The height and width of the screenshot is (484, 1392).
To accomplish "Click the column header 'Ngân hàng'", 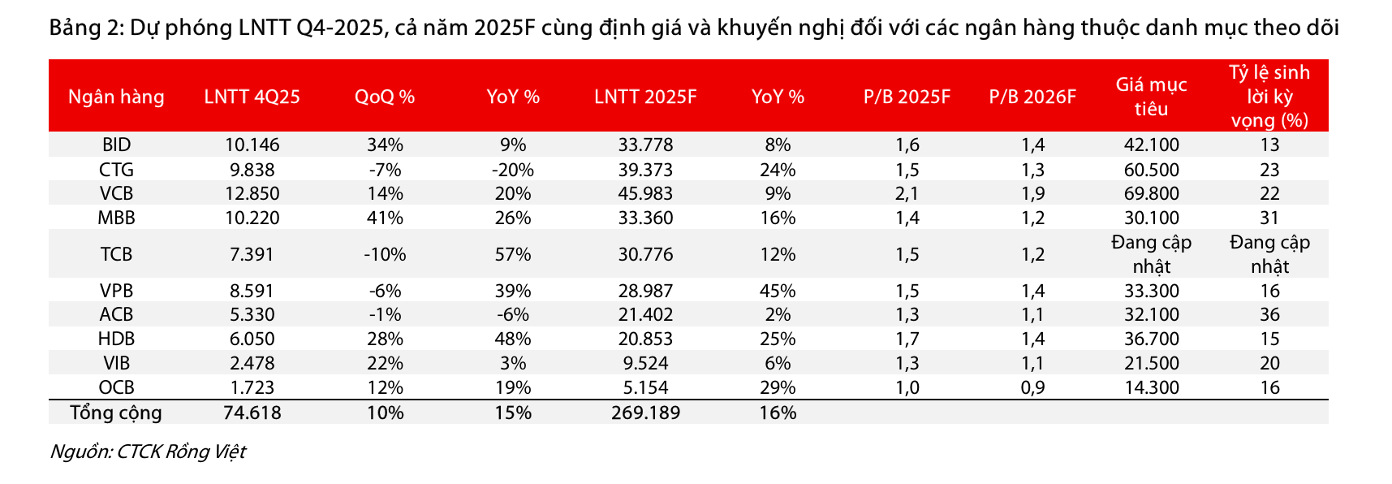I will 116,97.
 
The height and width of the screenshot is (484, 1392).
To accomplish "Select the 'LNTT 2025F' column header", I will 645,97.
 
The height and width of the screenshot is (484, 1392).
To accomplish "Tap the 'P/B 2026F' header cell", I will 1032,97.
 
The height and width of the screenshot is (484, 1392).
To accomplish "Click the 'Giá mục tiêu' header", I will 1151,97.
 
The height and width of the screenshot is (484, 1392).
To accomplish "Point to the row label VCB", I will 116,194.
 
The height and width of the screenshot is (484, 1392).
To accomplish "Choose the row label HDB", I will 116,339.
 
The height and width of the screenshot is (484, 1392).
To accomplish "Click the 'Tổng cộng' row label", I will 116,413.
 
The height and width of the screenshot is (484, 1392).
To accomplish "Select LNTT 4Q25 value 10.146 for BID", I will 252,145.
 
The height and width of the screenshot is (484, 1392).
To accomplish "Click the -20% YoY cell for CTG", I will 512,170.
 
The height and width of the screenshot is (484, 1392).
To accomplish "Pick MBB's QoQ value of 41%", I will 385,218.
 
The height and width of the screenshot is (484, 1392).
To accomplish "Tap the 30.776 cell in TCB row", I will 645,254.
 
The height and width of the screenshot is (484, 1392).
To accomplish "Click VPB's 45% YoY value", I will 778,291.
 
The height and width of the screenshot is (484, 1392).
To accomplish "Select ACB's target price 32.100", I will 1151,315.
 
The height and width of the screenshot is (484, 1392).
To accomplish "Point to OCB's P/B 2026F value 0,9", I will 1032,387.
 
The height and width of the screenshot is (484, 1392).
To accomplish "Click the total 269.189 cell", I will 645,413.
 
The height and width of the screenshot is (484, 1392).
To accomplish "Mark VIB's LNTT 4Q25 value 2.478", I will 252,363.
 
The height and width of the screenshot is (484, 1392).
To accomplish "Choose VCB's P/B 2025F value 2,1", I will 907,194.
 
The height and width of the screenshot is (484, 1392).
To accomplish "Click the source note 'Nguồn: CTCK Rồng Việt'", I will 148,452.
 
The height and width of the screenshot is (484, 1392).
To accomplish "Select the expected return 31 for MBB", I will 1269,218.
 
